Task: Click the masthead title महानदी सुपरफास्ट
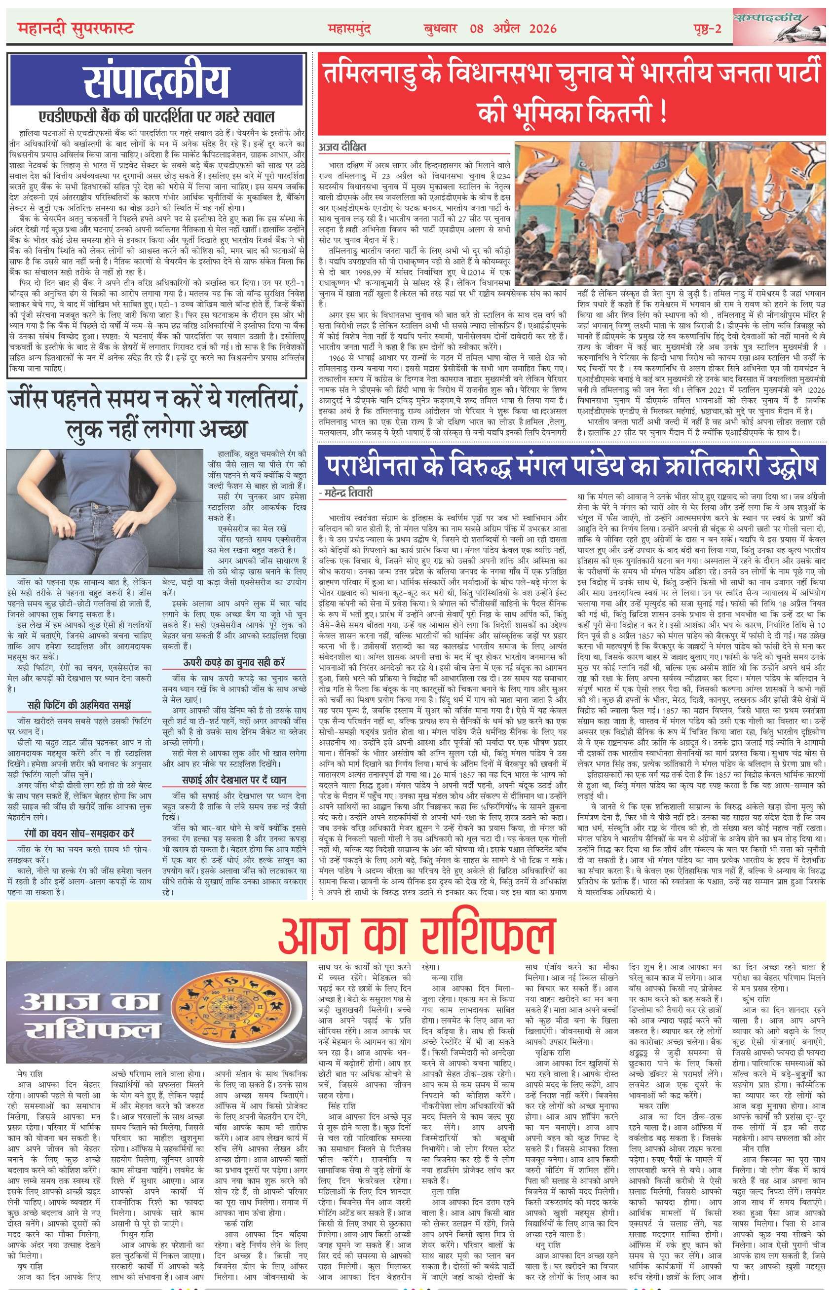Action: tap(75, 28)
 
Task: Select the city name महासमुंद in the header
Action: tap(349, 29)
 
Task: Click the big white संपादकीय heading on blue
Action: tap(156, 80)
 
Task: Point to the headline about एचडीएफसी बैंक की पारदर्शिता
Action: tap(156, 116)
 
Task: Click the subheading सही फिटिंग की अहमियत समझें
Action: tap(79, 705)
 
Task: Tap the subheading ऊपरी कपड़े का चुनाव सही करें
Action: tap(234, 662)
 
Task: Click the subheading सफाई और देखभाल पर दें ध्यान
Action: tap(234, 779)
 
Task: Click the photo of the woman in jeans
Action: tap(105, 512)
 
